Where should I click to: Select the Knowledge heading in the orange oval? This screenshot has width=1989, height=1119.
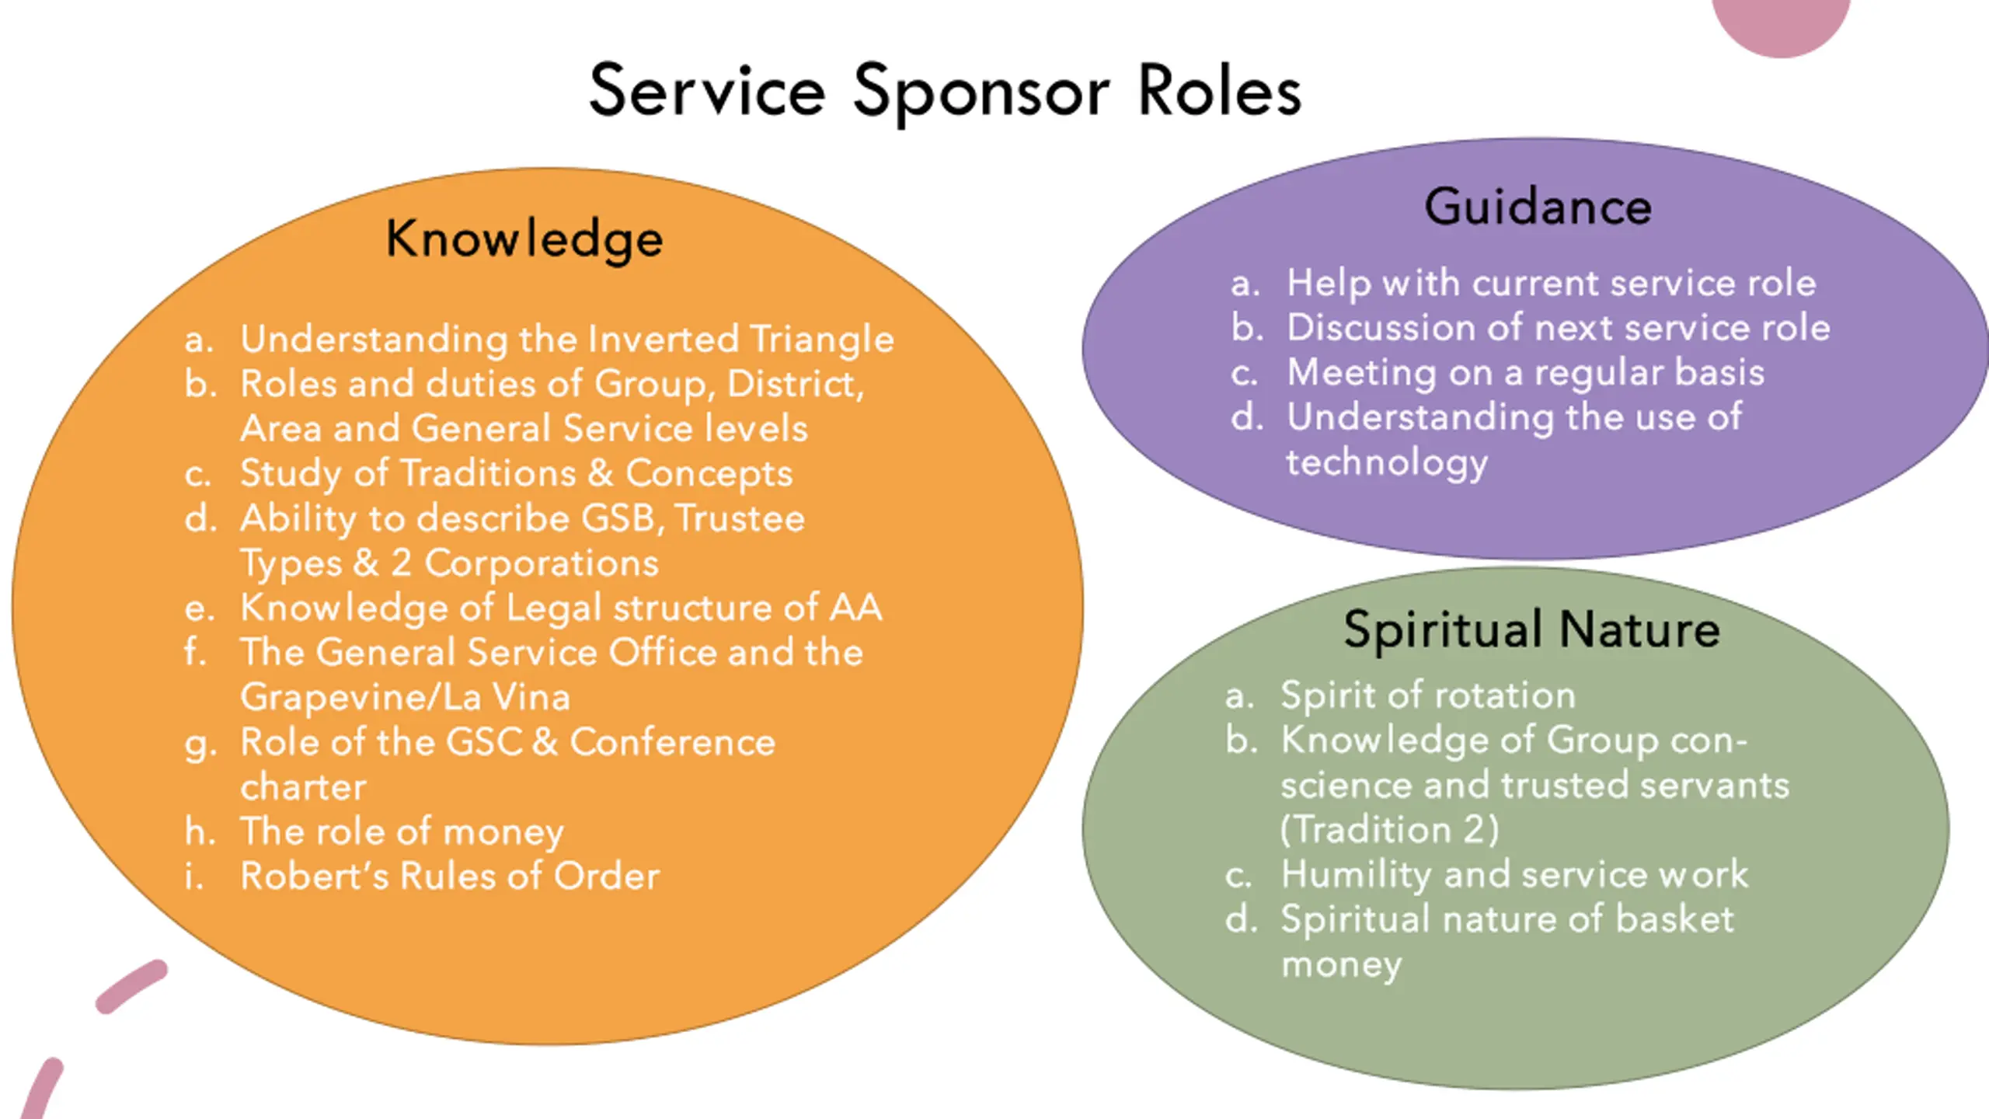click(x=524, y=239)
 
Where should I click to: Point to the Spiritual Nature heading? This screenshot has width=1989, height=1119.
click(x=1531, y=629)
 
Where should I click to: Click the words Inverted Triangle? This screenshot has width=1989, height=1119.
click(x=740, y=340)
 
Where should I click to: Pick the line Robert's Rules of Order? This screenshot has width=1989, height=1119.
click(x=450, y=876)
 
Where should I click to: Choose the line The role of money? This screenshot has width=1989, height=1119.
click(x=402, y=832)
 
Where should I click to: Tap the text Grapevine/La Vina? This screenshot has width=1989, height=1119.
click(x=405, y=696)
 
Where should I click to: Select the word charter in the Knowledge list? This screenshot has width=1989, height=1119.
click(x=303, y=786)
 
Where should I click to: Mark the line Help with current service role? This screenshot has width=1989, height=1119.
click(x=1551, y=283)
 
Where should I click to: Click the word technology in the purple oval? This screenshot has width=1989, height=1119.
click(x=1387, y=463)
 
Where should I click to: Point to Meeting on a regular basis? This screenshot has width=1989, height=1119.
click(x=1525, y=373)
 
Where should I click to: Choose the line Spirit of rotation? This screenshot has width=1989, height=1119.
click(x=1428, y=695)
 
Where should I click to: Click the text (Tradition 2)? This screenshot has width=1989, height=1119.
click(x=1390, y=829)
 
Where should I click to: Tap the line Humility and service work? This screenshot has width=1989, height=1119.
click(x=1514, y=874)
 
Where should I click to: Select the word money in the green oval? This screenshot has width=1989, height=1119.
click(x=1341, y=965)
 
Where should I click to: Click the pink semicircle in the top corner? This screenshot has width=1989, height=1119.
click(x=1781, y=23)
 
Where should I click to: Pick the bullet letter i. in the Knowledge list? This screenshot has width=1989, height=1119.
click(x=193, y=876)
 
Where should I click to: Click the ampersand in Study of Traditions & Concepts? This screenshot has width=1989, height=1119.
click(x=600, y=473)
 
